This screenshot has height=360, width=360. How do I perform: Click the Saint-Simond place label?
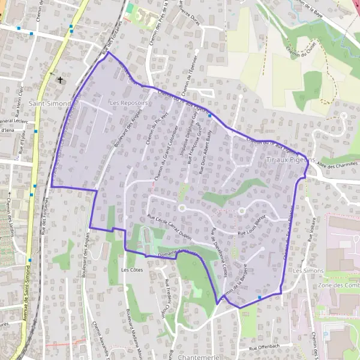pyautogui.click(x=53, y=103)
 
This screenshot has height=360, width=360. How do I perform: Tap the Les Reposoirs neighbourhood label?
pyautogui.click(x=129, y=103)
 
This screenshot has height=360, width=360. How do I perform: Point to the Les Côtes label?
pyautogui.click(x=131, y=270)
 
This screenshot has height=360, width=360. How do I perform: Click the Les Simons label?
pyautogui.click(x=308, y=271)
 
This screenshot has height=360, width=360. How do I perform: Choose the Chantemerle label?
pyautogui.click(x=198, y=356)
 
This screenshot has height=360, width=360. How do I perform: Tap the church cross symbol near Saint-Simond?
pyautogui.click(x=59, y=80)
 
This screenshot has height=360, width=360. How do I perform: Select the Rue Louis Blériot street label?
pyautogui.click(x=251, y=221)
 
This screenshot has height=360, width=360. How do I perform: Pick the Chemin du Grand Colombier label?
pyautogui.click(x=166, y=153)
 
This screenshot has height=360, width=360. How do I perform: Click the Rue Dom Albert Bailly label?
pyautogui.click(x=203, y=155)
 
